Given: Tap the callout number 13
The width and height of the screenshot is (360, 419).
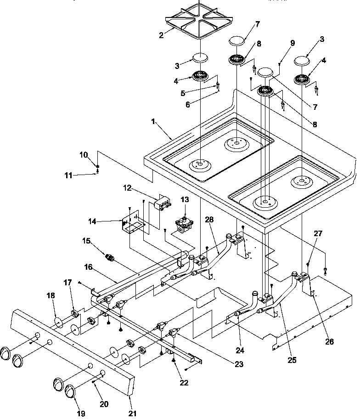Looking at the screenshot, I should tap(185, 199).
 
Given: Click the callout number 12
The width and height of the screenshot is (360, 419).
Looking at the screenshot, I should tap(127, 187).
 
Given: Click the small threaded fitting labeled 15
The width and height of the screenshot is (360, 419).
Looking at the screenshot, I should tap(110, 257).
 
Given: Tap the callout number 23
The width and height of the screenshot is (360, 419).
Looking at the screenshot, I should tap(238, 364).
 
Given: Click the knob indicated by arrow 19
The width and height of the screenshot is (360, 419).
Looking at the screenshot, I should tap(70, 391).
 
